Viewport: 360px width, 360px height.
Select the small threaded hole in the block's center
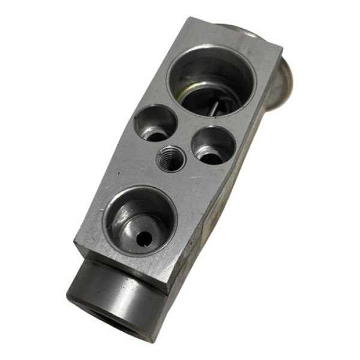(169, 158)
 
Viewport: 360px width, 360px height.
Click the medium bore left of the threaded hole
(155, 123)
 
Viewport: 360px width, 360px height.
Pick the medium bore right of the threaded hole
(213, 145)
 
